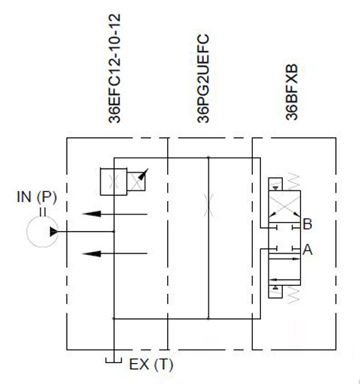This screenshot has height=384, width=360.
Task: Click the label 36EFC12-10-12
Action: click(115, 68)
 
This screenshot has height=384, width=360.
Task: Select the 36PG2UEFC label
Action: click(203, 79)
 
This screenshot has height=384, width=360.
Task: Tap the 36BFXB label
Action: click(292, 92)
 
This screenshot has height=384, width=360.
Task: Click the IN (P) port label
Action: click(37, 196)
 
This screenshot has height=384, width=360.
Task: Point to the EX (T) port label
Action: click(151, 364)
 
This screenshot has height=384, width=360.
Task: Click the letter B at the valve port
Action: click(307, 224)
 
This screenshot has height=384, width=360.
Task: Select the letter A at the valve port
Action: click(307, 250)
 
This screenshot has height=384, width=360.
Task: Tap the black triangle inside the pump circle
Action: click(54, 232)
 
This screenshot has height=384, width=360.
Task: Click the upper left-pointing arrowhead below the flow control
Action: click(91, 214)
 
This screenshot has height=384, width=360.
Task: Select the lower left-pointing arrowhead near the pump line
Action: click(91, 253)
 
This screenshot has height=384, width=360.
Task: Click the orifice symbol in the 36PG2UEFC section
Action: click(208, 205)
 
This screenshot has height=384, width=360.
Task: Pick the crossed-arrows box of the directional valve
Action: click(284, 206)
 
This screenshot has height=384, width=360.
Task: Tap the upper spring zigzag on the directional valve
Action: click(293, 180)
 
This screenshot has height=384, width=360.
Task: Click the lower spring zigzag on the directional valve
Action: click(293, 295)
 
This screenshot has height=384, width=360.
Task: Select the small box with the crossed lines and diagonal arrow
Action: click(136, 181)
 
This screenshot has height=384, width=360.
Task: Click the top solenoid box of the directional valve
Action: click(275, 184)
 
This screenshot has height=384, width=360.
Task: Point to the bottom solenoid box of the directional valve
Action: click(275, 292)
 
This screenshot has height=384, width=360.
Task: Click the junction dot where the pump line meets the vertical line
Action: click(114, 232)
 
